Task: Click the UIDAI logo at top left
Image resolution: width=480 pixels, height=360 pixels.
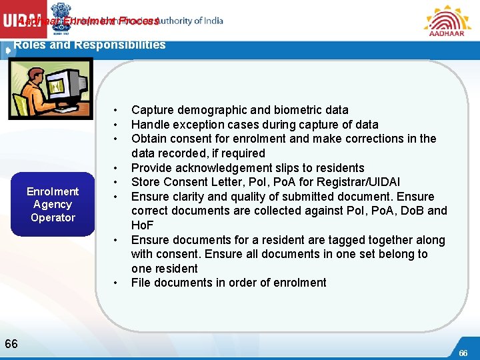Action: [x=23, y=20]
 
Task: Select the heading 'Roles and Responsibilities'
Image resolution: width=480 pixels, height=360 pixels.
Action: [x=90, y=45]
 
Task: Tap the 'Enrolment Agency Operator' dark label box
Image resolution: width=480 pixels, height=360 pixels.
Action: [x=53, y=205]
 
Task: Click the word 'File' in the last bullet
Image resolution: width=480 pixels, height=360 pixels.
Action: [x=141, y=283]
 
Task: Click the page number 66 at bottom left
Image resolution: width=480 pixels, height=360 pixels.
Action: [x=11, y=344]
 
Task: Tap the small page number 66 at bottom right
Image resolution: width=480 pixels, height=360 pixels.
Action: [x=464, y=352]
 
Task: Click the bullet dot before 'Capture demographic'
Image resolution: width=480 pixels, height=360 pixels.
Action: [x=116, y=110]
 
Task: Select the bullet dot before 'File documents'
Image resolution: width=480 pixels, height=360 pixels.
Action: [x=116, y=283]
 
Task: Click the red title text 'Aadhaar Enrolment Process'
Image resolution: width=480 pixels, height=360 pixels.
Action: [x=89, y=21]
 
